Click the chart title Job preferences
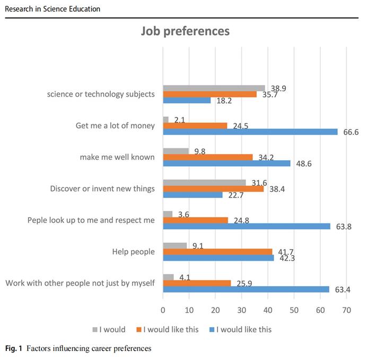click(185, 31)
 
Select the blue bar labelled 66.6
click(250, 132)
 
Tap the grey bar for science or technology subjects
click(214, 88)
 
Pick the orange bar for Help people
click(217, 252)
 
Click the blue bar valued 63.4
click(246, 289)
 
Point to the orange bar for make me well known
click(208, 157)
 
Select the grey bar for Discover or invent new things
click(204, 183)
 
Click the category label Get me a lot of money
click(116, 126)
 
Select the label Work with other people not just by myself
click(80, 283)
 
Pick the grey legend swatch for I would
click(95, 330)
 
